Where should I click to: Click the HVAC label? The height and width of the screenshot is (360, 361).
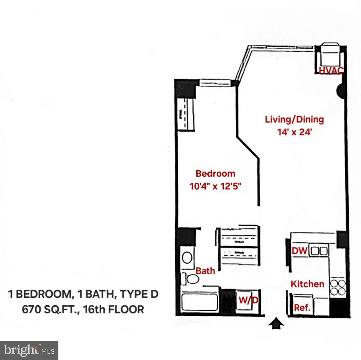pyautogui.click(x=331, y=71)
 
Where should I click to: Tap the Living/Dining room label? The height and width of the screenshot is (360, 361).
pyautogui.click(x=294, y=120)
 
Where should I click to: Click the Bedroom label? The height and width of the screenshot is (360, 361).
pyautogui.click(x=215, y=174)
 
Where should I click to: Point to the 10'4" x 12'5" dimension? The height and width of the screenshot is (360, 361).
pyautogui.click(x=216, y=186)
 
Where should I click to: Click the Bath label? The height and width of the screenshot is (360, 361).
pyautogui.click(x=205, y=271)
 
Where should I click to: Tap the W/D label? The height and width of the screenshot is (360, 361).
pyautogui.click(x=248, y=300)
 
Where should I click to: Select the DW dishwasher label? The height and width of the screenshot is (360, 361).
pyautogui.click(x=300, y=251)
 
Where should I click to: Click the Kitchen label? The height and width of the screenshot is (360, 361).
pyautogui.click(x=307, y=284)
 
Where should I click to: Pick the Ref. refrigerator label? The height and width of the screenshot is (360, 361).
pyautogui.click(x=302, y=308)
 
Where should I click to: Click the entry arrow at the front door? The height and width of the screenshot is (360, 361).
pyautogui.click(x=276, y=323)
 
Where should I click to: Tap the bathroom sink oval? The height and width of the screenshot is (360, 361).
pyautogui.click(x=187, y=258)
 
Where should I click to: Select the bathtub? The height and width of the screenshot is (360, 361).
pyautogui.click(x=199, y=302)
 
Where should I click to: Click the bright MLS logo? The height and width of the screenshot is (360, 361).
pyautogui.click(x=29, y=350)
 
